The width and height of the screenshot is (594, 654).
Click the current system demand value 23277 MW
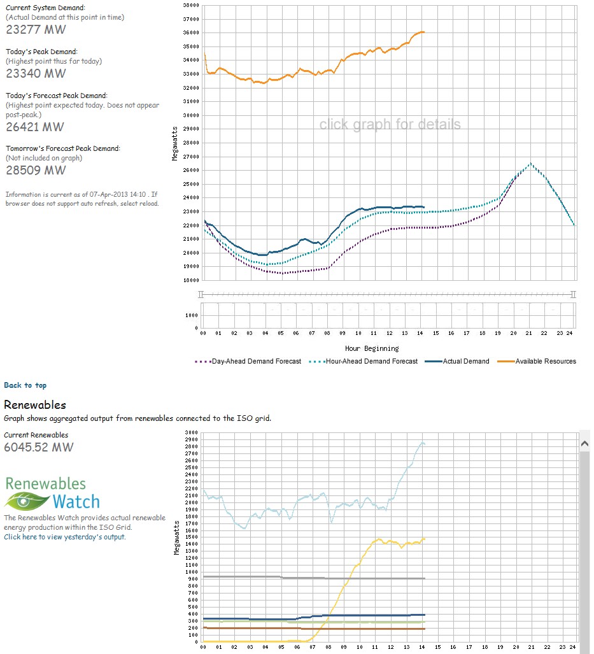click(36, 30)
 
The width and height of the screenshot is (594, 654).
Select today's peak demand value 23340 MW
click(36, 73)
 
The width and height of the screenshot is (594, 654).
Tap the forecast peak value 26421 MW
click(35, 127)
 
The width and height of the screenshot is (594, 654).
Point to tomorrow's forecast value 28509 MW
click(36, 170)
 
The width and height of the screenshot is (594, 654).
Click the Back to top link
click(25, 385)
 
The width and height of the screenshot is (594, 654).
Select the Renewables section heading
click(35, 405)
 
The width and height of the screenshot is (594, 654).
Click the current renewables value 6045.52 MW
click(39, 447)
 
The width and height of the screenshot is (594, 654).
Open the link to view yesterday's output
click(65, 537)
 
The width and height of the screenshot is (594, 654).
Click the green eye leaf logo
click(27, 501)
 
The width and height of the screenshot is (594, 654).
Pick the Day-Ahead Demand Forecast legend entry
click(248, 361)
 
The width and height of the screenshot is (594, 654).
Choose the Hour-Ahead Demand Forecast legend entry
click(364, 361)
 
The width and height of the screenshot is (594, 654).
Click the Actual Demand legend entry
click(457, 361)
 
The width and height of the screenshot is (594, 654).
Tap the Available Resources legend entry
click(537, 361)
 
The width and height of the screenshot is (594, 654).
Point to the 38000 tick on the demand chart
click(191, 6)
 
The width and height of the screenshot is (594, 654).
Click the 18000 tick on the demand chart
click(191, 280)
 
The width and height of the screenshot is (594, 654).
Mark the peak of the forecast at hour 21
click(530, 163)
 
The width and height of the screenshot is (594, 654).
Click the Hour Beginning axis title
click(372, 349)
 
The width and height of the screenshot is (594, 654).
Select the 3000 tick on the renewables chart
click(192, 432)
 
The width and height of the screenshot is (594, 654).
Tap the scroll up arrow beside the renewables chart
click(585, 443)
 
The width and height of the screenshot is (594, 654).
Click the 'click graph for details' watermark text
click(390, 124)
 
